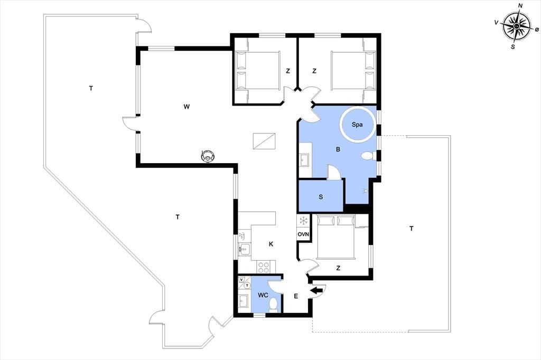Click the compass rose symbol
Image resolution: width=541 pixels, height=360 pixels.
pos(516,26)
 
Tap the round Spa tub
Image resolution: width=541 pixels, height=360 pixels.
pos(357,125)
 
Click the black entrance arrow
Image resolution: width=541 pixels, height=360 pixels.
pos(316,291)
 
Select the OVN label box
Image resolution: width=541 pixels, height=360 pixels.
pos(303,234)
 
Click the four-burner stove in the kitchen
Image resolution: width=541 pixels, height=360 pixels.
pos(264,267)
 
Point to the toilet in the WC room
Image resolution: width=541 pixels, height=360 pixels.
pos(273,305)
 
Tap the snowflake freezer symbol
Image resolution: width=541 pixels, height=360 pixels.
pos(303,221)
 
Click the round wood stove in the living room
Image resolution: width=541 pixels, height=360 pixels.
pos(208,156)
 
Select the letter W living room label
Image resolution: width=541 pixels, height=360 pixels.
pos(186,107)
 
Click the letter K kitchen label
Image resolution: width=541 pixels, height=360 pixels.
pos(271,244)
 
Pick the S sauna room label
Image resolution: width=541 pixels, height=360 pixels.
pos(321,197)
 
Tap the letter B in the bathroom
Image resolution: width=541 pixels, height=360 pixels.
pos(338,149)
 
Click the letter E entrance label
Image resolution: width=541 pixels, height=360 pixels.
pos(296,296)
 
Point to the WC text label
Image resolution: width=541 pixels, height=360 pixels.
pos(263,295)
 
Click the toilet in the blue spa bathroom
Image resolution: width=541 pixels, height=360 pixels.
pos(367,156)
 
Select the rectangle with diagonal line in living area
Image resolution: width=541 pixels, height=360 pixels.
pos(264,141)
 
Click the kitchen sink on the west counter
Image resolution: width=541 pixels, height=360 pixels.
pos(244,248)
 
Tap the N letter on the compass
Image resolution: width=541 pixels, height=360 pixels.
pos(520,5)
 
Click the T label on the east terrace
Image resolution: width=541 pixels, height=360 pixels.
pos(411,229)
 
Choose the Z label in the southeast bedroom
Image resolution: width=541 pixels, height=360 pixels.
pos(338,268)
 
